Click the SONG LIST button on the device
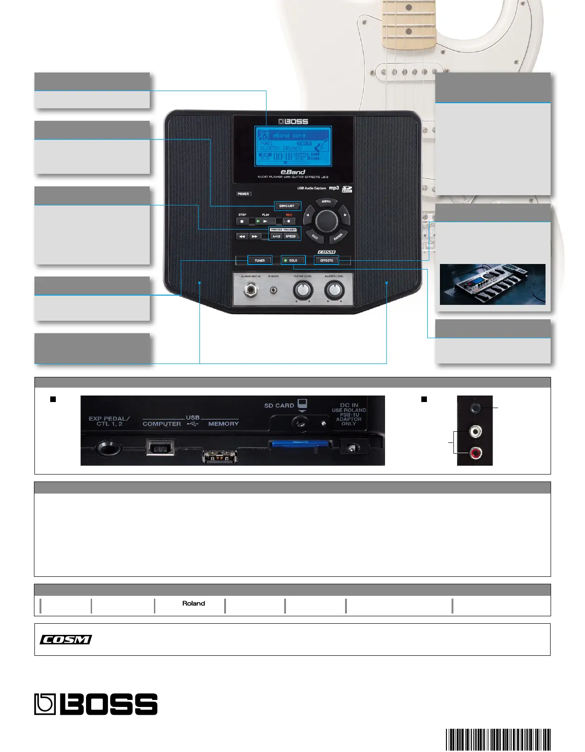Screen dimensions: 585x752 [287, 206]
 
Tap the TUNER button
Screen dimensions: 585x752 [259, 260]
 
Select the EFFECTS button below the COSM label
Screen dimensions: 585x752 [326, 260]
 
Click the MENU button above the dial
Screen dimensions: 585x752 [326, 202]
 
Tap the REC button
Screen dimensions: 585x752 [289, 221]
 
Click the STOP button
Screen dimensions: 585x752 [242, 221]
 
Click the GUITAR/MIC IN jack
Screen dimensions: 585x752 [251, 290]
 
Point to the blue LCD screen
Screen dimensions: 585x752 [293, 146]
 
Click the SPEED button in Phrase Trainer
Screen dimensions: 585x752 [291, 236]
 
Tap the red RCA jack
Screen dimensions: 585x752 [475, 453]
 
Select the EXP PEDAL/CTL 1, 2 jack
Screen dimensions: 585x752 [108, 449]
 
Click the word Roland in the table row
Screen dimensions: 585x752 [193, 603]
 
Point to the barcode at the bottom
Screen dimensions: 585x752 [498, 739]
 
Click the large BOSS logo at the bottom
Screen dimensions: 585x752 [96, 704]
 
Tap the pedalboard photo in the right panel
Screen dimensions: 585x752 [492, 284]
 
